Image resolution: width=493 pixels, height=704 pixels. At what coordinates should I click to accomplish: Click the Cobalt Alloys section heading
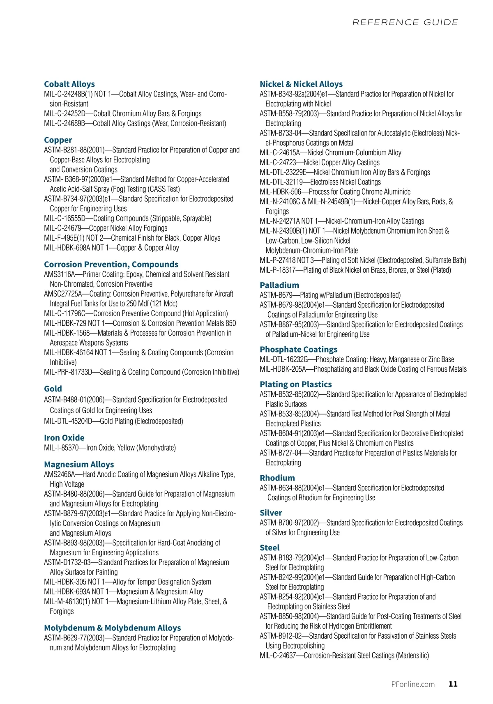coord(69,84)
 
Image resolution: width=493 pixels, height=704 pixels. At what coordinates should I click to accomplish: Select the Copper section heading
coord(58,140)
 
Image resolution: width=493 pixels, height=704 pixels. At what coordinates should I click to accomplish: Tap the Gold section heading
coord(53,389)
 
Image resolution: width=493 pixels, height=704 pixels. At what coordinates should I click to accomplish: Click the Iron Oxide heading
coord(64,438)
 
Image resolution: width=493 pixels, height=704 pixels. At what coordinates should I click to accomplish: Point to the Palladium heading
coord(279,285)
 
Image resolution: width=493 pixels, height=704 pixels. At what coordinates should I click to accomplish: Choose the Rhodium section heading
coord(277,478)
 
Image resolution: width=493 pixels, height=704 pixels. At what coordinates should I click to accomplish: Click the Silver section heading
coord(271,513)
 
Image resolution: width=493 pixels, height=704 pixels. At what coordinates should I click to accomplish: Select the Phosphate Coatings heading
coord(298,350)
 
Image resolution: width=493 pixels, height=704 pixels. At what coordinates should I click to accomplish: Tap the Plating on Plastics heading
coord(295,384)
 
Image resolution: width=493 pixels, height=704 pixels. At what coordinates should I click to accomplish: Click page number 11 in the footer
coord(453,684)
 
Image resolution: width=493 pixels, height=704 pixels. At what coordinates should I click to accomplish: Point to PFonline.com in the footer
coord(413,684)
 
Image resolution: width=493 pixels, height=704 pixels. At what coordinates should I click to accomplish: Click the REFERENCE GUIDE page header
coord(405,22)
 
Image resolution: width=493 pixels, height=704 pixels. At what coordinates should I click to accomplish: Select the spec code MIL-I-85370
coord(61,448)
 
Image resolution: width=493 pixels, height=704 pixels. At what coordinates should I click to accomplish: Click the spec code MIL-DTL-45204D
coord(69,421)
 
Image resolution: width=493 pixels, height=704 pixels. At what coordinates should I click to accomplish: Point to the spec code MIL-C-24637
coord(278,656)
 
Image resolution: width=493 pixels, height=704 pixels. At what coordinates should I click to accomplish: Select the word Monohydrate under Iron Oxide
coord(157,448)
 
